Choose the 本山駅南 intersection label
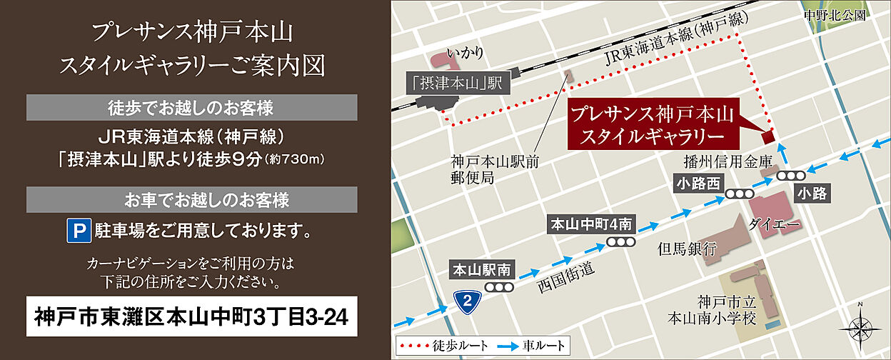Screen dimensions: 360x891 coord(482,270)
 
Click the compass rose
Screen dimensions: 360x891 coord(860,328)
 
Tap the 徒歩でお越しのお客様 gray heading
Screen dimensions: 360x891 coord(192,108)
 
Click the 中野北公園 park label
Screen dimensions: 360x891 coord(833,15)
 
